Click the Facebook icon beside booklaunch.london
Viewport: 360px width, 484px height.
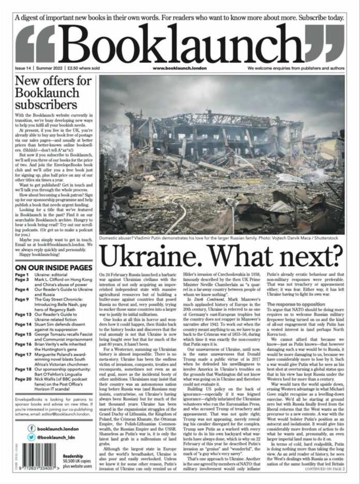point(32,428)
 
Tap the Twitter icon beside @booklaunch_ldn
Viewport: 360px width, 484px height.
point(32,438)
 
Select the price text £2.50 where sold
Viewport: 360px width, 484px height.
point(60,68)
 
